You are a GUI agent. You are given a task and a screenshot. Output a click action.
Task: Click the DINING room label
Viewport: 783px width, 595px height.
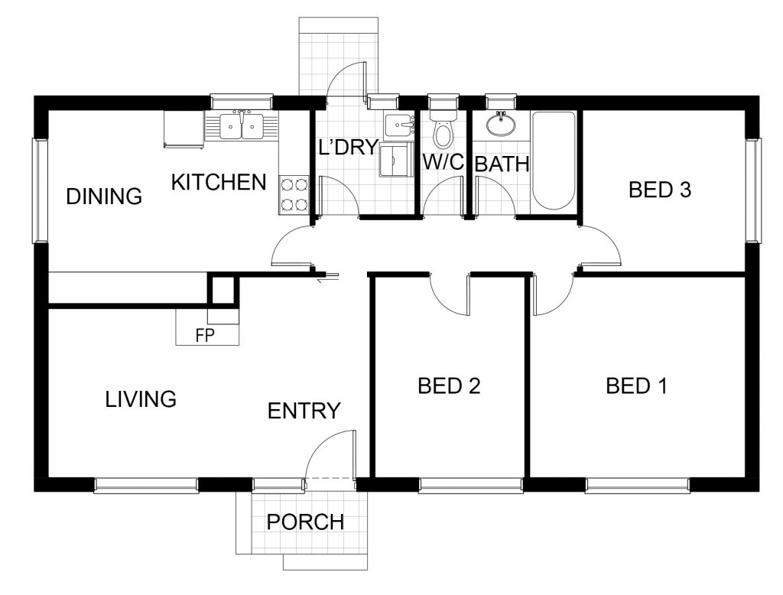pos(104,197)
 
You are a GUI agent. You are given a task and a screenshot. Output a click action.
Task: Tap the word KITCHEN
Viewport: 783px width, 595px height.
pos(219,182)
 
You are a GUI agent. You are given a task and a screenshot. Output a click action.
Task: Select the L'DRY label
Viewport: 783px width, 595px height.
pos(348,148)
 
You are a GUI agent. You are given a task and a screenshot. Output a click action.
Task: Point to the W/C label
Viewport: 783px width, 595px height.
pos(443,162)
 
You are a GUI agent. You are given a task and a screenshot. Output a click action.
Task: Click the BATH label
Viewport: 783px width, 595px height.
pos(502,164)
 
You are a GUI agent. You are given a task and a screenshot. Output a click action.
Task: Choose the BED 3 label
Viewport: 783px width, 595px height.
pos(660,190)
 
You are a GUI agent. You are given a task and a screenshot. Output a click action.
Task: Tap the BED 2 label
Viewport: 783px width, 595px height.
pos(449,386)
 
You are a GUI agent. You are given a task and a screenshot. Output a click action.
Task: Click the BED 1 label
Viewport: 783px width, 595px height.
pos(636,386)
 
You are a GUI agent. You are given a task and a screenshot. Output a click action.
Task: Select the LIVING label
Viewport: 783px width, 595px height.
pos(141,399)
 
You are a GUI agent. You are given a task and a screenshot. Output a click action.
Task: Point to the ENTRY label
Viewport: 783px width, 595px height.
pos(304,411)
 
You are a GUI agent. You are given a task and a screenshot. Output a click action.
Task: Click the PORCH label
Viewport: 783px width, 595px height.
pos(305,522)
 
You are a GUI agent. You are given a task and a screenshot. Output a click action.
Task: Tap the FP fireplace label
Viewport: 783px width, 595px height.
pos(205,337)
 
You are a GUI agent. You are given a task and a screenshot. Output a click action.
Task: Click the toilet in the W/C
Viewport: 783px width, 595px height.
pos(443,128)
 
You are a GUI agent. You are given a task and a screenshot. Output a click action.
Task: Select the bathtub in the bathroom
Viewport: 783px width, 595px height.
pos(554,161)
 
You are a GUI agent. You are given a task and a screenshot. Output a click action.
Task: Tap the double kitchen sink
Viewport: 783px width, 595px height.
pos(242,125)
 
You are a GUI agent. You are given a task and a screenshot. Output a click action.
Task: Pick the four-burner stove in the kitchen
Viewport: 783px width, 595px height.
pos(294,195)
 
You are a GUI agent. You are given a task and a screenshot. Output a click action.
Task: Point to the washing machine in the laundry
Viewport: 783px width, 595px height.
pos(397,159)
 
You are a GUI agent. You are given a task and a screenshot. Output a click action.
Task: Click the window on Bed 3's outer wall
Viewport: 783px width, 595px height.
pos(754,190)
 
